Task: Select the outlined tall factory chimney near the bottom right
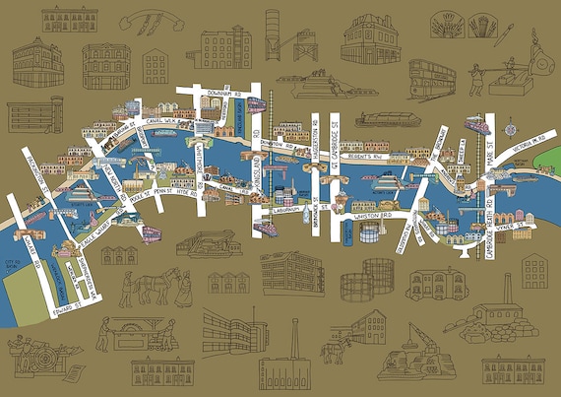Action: click(x=509, y=291)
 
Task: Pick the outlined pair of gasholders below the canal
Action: click(x=378, y=279)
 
